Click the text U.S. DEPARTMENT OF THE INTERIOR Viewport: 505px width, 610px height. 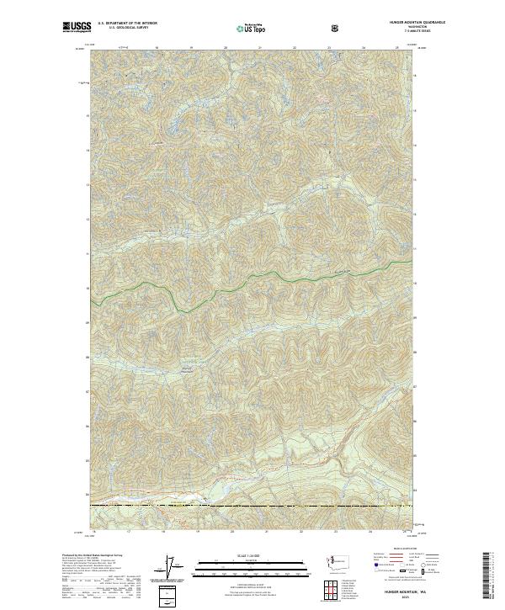tap(128, 24)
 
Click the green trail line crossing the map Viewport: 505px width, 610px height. tap(252, 284)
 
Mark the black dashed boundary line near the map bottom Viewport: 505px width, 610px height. tap(252, 505)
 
